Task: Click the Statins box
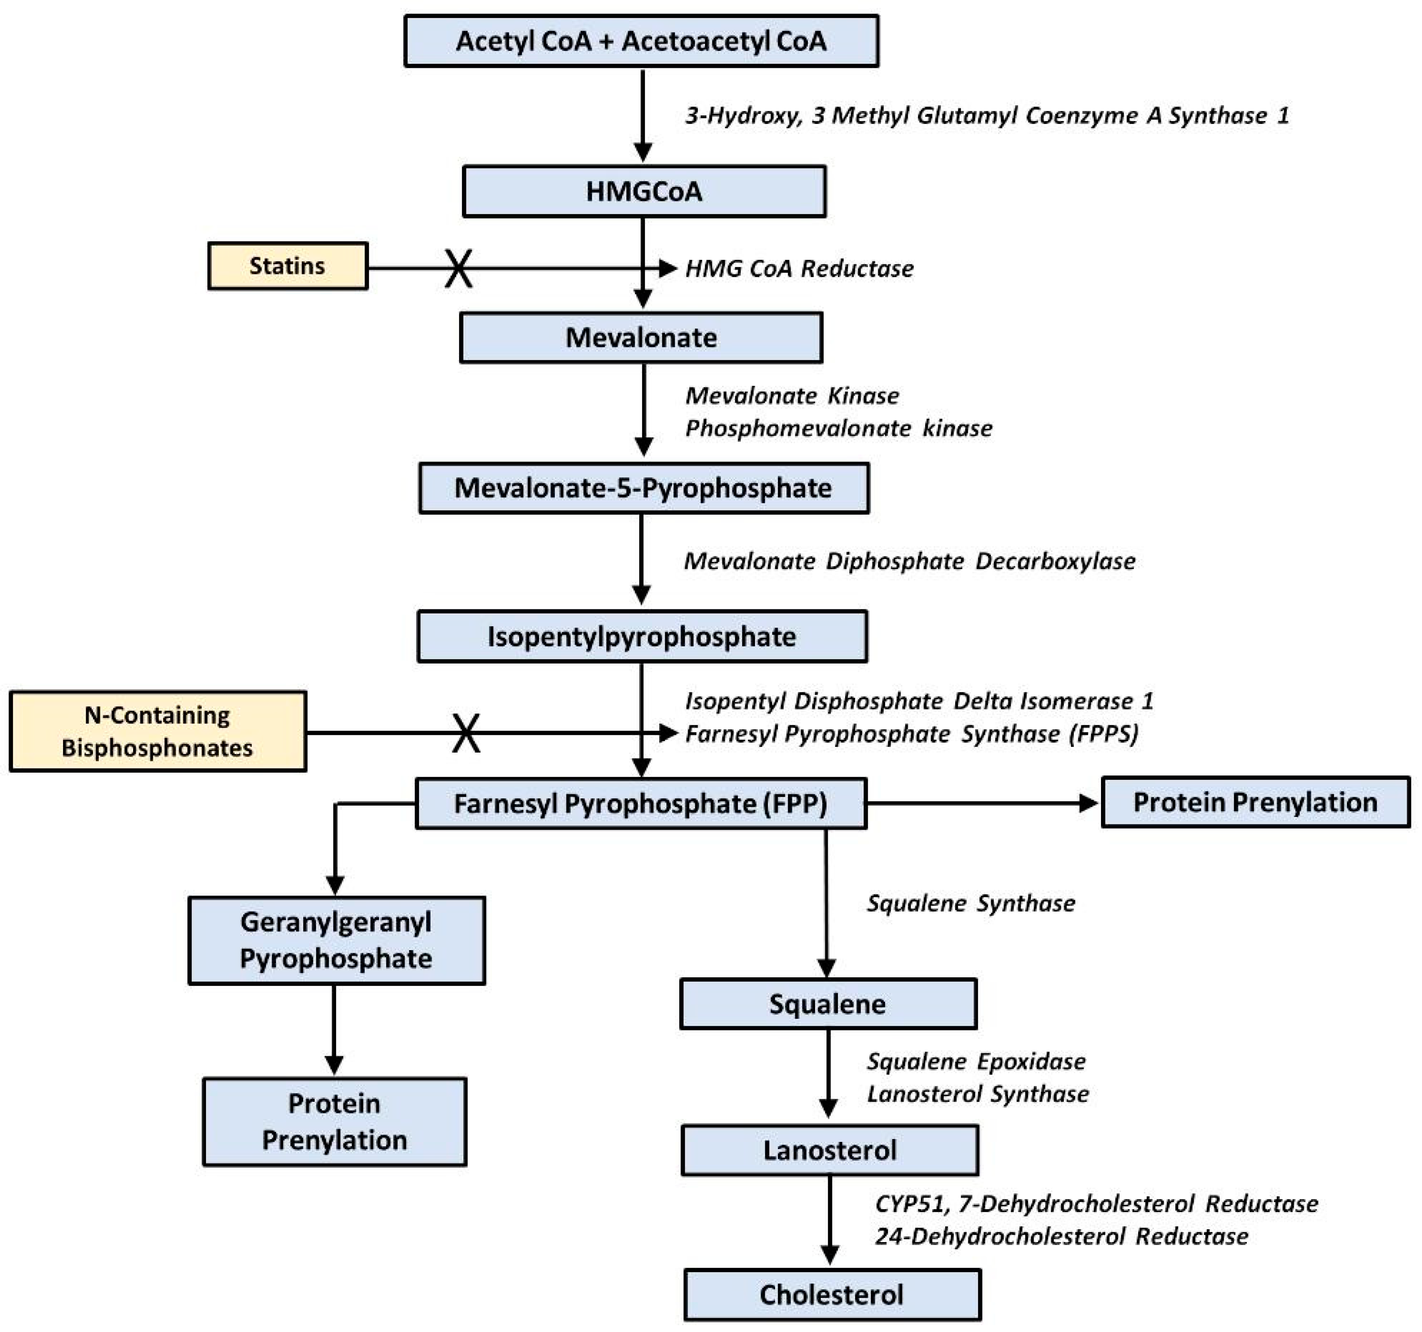pyautogui.click(x=287, y=266)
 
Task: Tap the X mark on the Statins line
pyautogui.click(x=458, y=268)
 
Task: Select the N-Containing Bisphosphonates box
pyautogui.click(x=157, y=731)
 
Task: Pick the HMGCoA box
pyautogui.click(x=644, y=192)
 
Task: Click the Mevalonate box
pyautogui.click(x=641, y=338)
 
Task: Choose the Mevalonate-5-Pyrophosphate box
pyautogui.click(x=644, y=488)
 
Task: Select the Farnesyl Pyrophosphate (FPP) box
pyautogui.click(x=641, y=804)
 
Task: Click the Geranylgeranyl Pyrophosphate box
pyautogui.click(x=336, y=940)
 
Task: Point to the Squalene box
pyautogui.click(x=827, y=1004)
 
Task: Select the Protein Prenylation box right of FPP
pyautogui.click(x=1255, y=802)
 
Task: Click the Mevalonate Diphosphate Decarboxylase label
pyautogui.click(x=909, y=561)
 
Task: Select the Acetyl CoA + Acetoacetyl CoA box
pyautogui.click(x=641, y=41)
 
